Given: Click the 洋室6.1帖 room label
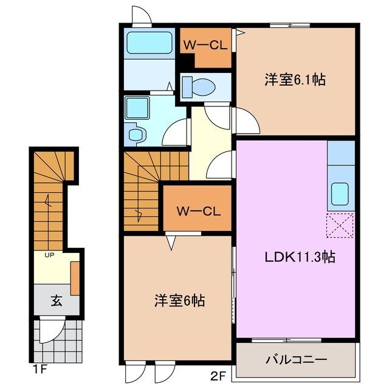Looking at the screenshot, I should [294, 80].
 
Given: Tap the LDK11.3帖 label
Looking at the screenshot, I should [299, 256].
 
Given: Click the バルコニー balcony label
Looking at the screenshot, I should [295, 359].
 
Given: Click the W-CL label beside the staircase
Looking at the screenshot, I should [197, 211].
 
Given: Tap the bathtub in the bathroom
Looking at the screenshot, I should [148, 43].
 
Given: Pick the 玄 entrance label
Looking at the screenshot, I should [56, 300].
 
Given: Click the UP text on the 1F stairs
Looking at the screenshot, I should [48, 255].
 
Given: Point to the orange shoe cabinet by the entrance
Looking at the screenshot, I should [75, 278].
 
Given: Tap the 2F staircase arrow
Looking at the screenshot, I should [140, 213].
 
